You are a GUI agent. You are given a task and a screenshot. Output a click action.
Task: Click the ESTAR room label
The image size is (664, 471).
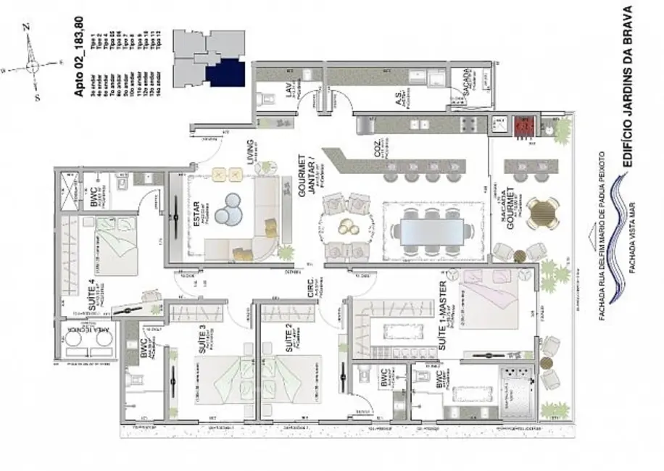(196, 217)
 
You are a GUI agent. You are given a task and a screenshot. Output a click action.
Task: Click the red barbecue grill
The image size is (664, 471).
(524, 128)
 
